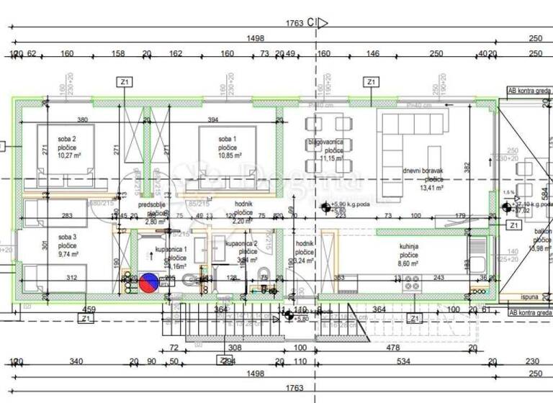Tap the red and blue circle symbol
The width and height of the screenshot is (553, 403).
150,283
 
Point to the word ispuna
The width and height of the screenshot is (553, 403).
530,296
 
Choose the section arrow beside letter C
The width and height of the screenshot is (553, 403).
323,23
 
